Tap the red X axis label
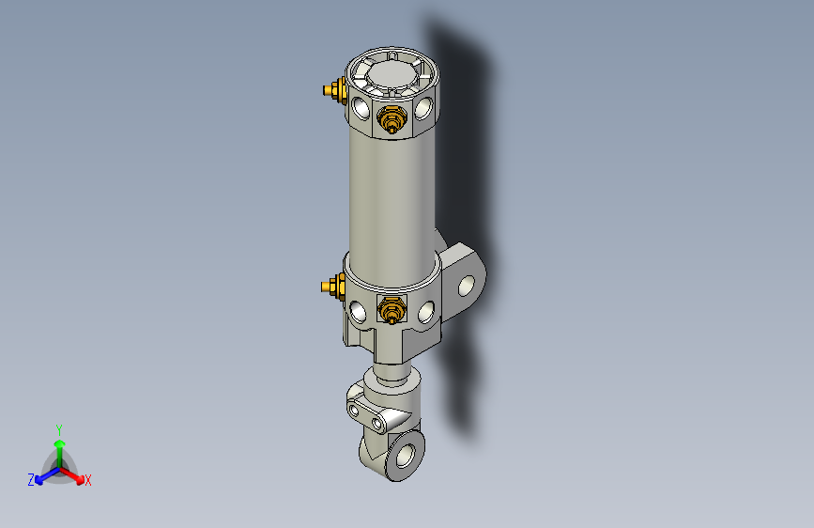pos(88,481)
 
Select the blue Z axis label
pos(30,480)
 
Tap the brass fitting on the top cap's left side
pos(332,90)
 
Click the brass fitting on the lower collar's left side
pos(330,286)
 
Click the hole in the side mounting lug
pos(467,283)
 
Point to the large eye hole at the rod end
pos(407,456)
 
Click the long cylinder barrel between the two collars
pos(392,197)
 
